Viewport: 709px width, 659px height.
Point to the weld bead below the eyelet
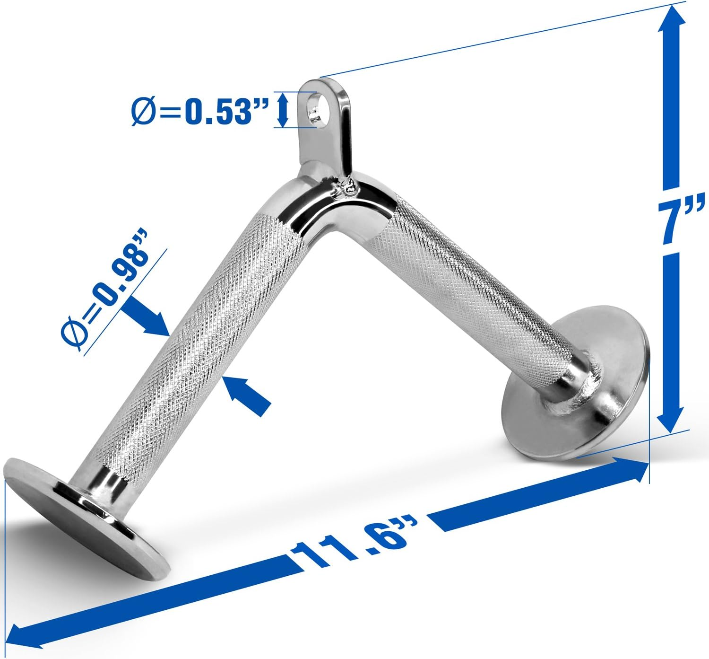pos(347,187)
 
